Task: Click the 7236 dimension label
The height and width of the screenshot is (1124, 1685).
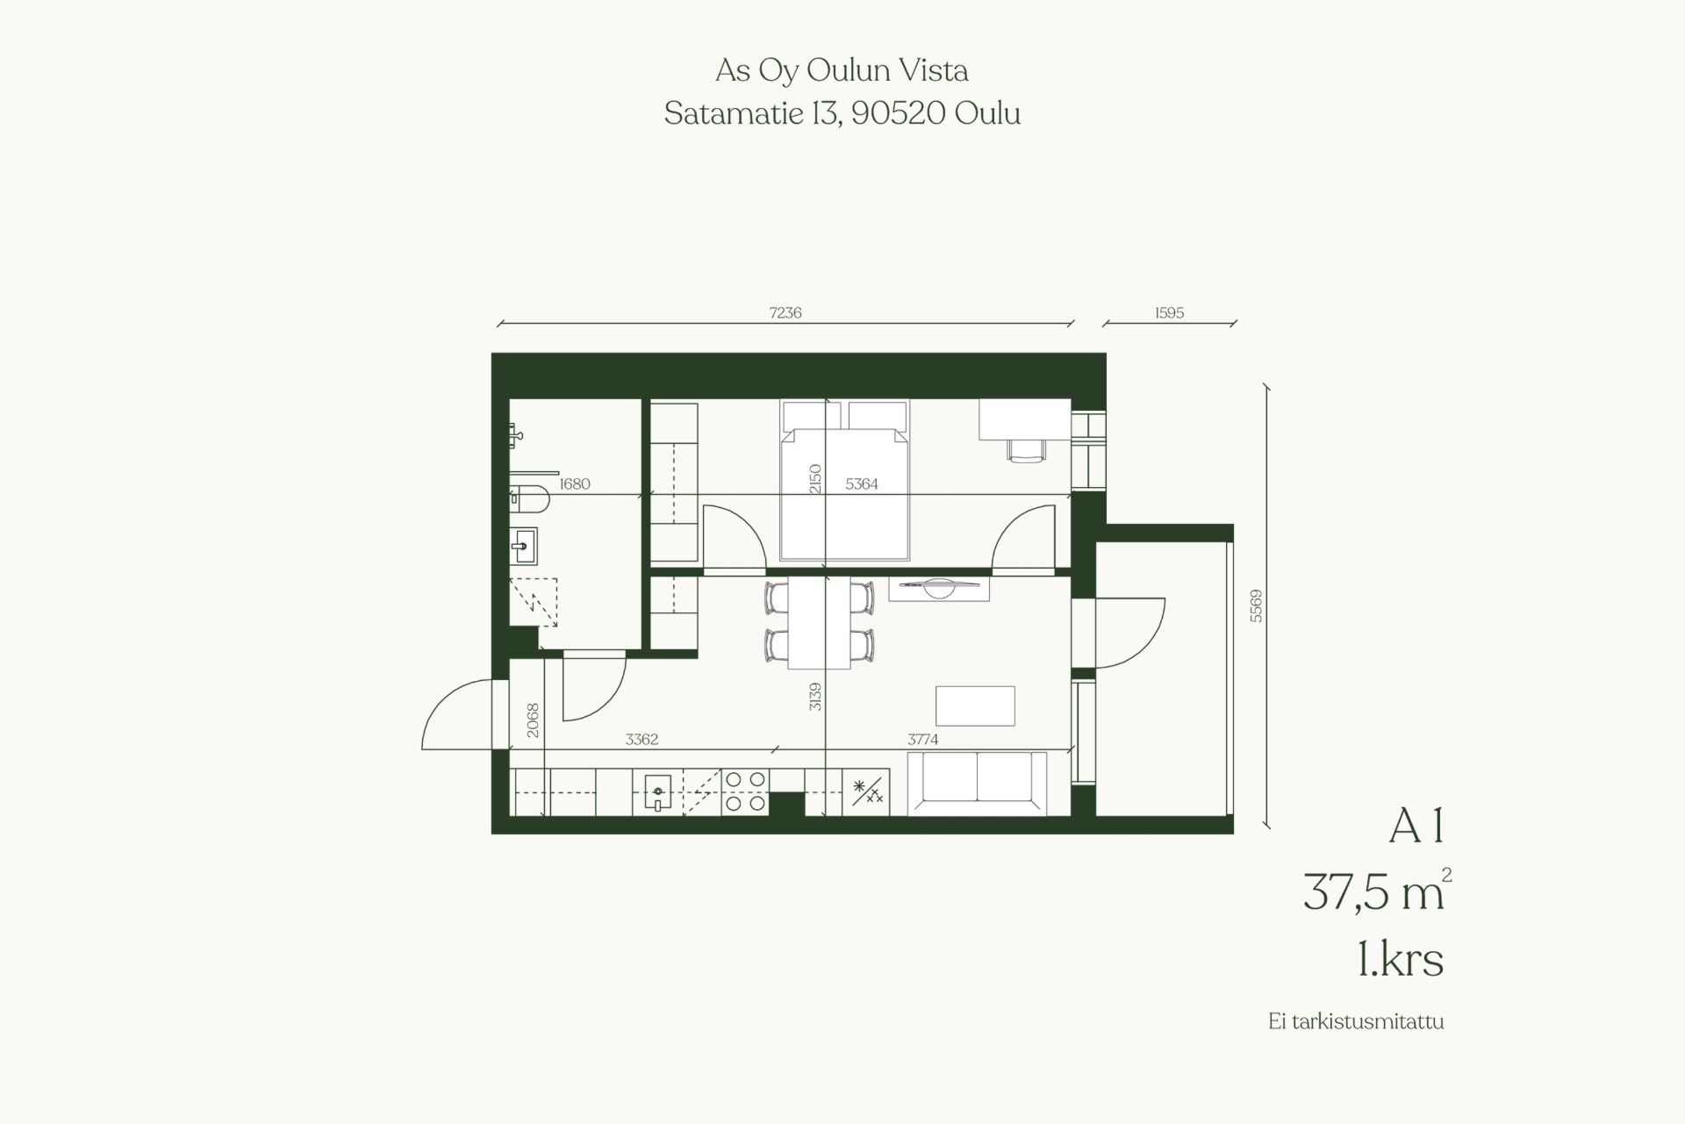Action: coord(785,312)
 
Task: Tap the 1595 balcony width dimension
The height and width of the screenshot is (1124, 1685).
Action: coord(1170,312)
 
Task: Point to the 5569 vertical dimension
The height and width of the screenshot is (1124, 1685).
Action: coord(1256,605)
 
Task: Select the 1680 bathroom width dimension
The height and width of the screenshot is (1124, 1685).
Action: coord(575,483)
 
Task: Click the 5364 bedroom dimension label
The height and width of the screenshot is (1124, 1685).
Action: coord(862,483)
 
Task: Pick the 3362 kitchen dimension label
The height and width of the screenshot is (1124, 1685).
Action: coord(642,740)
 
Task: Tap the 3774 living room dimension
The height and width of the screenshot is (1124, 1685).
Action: coord(923,740)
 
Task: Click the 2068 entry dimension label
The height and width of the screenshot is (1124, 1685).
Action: coord(533,720)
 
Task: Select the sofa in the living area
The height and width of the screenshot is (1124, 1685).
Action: coord(977,784)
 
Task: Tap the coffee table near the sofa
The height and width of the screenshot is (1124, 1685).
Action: coord(976,705)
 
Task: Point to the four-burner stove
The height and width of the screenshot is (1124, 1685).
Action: coord(745,791)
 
